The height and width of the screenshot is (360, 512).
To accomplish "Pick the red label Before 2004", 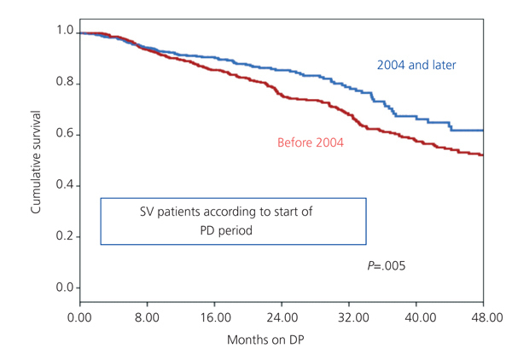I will (311, 142).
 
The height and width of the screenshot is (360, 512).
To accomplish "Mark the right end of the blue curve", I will (484, 131).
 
